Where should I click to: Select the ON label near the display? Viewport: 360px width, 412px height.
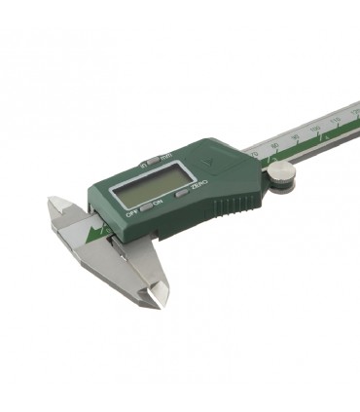click(158, 202)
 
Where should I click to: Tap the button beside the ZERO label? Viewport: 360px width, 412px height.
click(184, 192)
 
